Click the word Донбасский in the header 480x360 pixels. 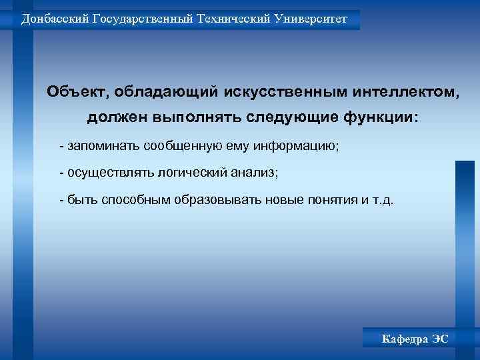(x=49, y=19)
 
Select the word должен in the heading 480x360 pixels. (x=117, y=118)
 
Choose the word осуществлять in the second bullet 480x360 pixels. (x=109, y=173)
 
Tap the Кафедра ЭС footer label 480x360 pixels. (x=415, y=339)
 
